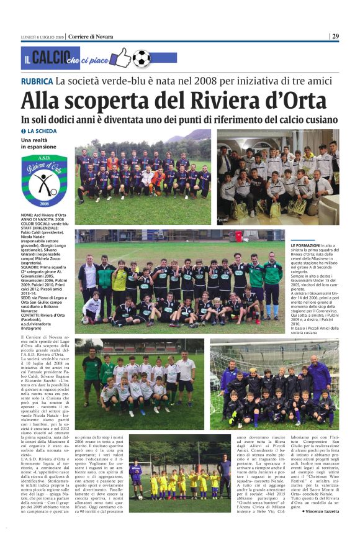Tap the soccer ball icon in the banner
[x=142, y=58]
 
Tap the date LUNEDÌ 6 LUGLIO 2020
[x=43, y=36]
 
